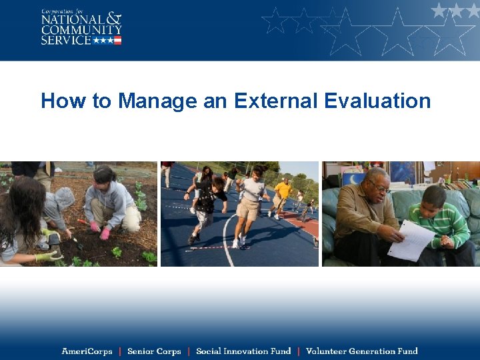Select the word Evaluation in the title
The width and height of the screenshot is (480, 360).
tap(377, 101)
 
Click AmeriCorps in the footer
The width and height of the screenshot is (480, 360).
tap(87, 351)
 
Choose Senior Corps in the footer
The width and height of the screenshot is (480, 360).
tap(154, 351)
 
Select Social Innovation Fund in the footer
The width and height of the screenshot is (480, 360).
tap(243, 351)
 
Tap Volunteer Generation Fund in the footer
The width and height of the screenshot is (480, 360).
tap(361, 351)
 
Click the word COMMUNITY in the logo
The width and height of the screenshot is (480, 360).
tap(81, 29)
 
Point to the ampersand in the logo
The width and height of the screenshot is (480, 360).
tap(114, 19)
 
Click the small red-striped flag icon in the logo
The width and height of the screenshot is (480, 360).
tap(117, 40)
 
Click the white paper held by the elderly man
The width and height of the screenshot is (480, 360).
tap(411, 240)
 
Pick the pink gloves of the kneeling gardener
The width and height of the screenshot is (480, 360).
tap(100, 231)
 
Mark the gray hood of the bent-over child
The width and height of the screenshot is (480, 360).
tap(64, 197)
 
